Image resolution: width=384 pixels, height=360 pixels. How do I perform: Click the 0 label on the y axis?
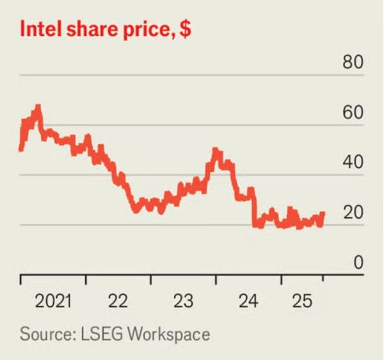357,262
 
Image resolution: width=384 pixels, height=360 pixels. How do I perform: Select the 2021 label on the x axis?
52,300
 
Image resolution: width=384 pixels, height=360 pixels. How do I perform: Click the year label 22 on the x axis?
118,300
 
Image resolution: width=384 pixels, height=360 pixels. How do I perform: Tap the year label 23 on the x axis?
183,300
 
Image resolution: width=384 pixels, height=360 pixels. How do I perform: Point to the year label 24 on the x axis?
248,300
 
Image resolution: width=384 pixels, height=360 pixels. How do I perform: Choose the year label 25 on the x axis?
301,300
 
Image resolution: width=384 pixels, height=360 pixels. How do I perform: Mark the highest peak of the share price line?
38,107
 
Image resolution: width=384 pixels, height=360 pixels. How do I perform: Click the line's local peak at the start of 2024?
216,151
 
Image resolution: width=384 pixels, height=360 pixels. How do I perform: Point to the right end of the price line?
323,214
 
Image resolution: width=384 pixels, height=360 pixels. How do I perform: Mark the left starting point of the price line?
21,149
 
